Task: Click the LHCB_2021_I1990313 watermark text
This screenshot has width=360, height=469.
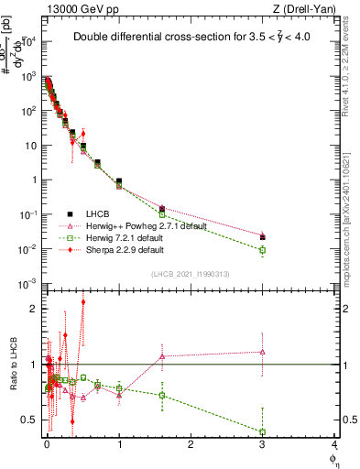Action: pyautogui.click(x=190, y=274)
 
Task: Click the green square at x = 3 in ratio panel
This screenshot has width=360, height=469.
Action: pyautogui.click(x=263, y=431)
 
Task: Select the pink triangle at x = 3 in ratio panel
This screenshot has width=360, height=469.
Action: pyautogui.click(x=263, y=352)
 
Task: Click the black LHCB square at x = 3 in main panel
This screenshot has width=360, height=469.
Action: pyautogui.click(x=263, y=237)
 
